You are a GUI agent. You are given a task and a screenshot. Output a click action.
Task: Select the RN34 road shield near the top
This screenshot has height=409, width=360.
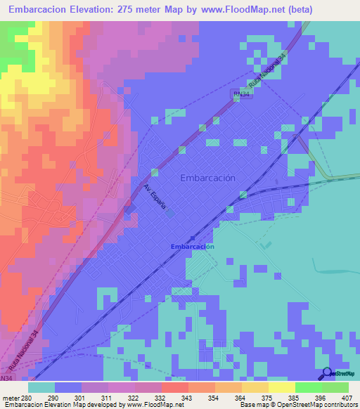(x=241, y=93)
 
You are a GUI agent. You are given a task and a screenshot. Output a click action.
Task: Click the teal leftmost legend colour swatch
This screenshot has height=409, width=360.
(x=41, y=387)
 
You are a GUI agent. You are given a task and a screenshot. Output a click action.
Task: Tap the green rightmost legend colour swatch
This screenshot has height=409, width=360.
(x=335, y=387)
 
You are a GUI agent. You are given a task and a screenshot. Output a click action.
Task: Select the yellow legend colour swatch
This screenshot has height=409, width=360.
(x=282, y=387)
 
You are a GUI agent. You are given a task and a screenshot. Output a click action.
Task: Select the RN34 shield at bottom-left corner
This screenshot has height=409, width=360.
(x=6, y=378)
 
